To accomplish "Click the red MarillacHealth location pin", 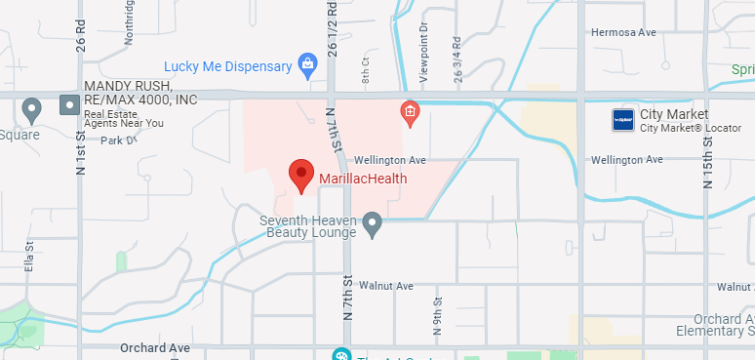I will [301, 175].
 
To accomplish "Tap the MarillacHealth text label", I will [363, 179].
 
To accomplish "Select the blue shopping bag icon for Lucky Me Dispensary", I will [308, 66].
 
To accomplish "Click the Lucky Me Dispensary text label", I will [228, 66].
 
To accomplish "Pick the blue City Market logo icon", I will [623, 120].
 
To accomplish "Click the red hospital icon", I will [411, 113].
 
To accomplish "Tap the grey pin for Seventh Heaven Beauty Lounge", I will [372, 226].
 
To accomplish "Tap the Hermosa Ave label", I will [623, 32].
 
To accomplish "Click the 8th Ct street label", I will [366, 73].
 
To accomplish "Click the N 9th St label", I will [437, 311].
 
